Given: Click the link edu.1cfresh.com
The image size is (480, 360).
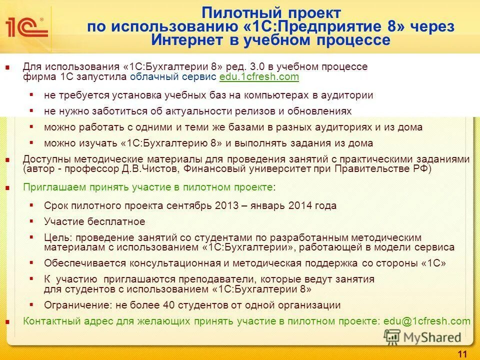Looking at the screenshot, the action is click(x=259, y=76).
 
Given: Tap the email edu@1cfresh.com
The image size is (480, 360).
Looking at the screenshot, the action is click(x=426, y=321).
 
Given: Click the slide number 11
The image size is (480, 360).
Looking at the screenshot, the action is click(x=462, y=354).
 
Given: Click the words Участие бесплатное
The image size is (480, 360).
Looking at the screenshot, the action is click(x=94, y=221).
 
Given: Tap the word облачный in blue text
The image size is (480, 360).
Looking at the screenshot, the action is click(x=148, y=76).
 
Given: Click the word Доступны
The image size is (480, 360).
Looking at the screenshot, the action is click(x=43, y=159).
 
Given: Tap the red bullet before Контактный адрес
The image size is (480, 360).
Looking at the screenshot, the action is click(x=7, y=321).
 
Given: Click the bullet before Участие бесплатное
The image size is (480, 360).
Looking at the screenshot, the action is click(x=32, y=221).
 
